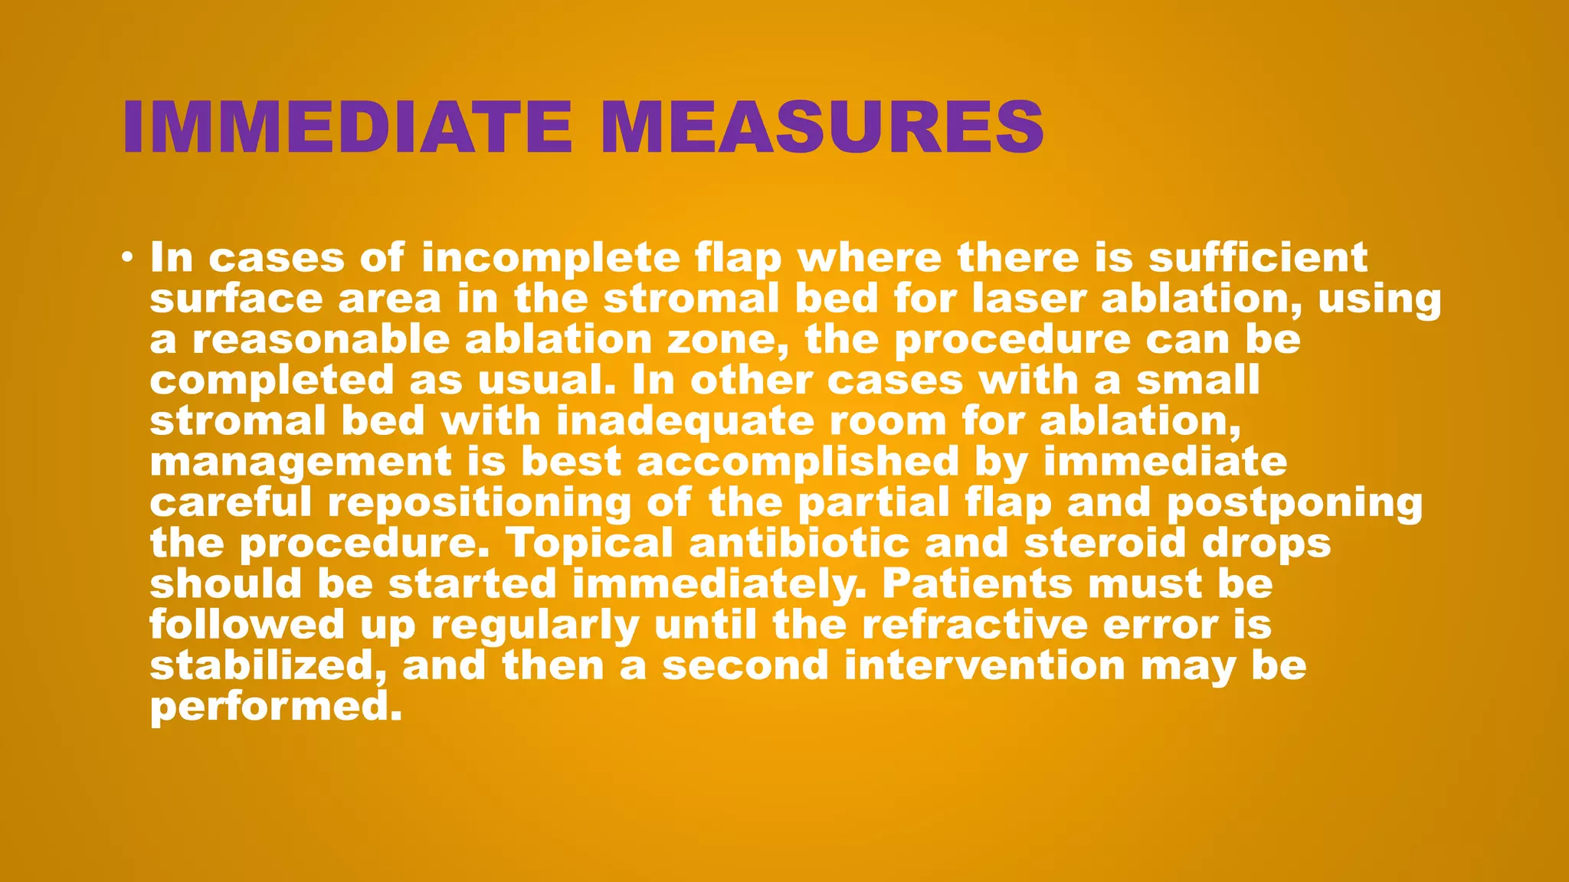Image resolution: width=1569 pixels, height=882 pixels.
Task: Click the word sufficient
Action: pyautogui.click(x=1257, y=257)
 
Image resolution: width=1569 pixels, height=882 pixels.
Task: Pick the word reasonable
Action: pyautogui.click(x=320, y=339)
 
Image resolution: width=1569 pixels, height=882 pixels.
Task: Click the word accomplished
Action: pyautogui.click(x=798, y=462)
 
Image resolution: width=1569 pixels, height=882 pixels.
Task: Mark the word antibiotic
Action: pyautogui.click(x=799, y=543)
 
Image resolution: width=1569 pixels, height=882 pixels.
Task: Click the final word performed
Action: pyautogui.click(x=275, y=706)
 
